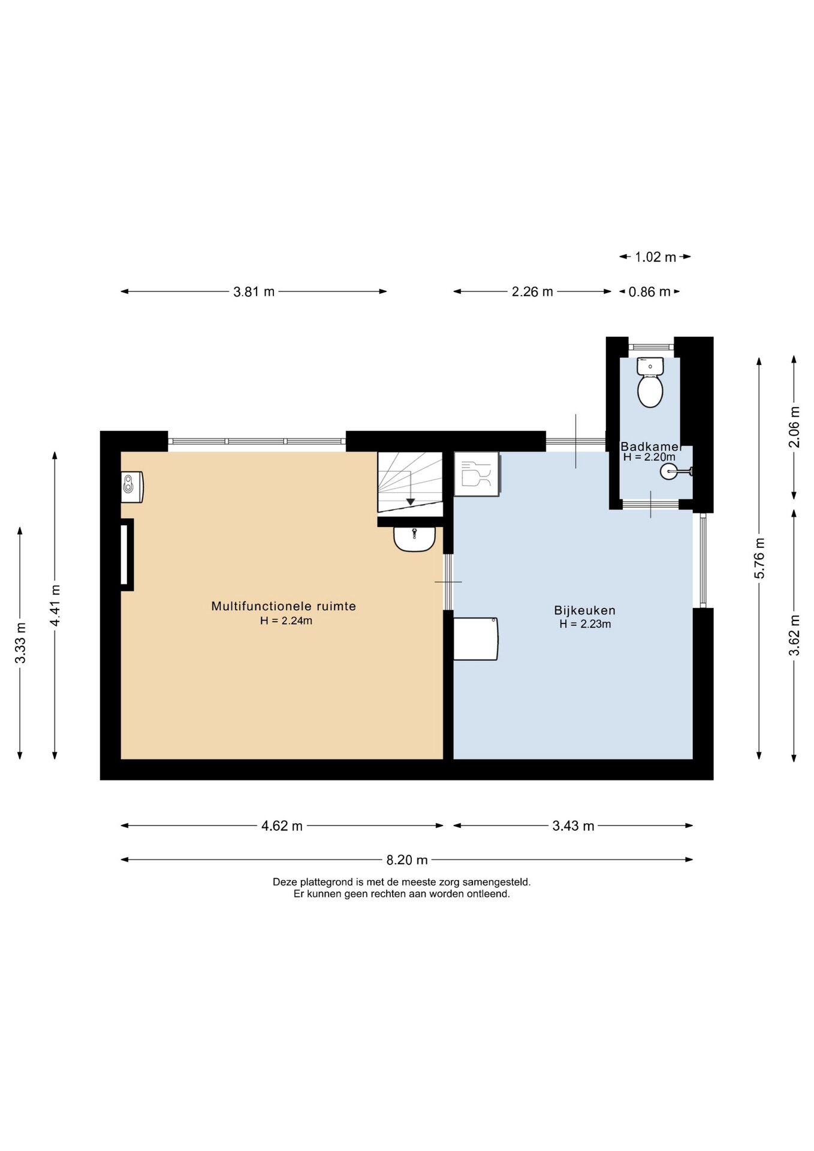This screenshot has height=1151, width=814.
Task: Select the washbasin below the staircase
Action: click(x=414, y=538)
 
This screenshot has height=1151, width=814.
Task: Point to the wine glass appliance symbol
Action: click(x=477, y=474)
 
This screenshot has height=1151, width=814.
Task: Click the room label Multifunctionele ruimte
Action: click(x=284, y=606)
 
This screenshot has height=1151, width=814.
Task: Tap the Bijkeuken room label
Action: click(x=584, y=610)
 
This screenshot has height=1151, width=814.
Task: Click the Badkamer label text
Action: click(x=650, y=447)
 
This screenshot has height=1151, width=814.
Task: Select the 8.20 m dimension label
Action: click(x=407, y=860)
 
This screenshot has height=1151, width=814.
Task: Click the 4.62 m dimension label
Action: click(x=282, y=825)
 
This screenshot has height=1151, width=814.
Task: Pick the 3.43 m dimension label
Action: click(x=573, y=825)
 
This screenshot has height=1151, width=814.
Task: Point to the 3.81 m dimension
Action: click(x=254, y=291)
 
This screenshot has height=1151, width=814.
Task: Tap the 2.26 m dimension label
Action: click(x=532, y=291)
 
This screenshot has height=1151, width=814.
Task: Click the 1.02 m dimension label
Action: click(x=655, y=257)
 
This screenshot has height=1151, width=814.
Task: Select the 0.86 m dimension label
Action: click(x=649, y=292)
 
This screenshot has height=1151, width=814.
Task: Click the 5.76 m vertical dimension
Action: click(x=759, y=558)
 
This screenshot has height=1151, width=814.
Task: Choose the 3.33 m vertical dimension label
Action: click(x=20, y=643)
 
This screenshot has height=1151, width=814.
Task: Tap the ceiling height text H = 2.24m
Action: click(x=286, y=621)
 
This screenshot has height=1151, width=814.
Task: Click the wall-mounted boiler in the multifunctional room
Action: click(x=132, y=486)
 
